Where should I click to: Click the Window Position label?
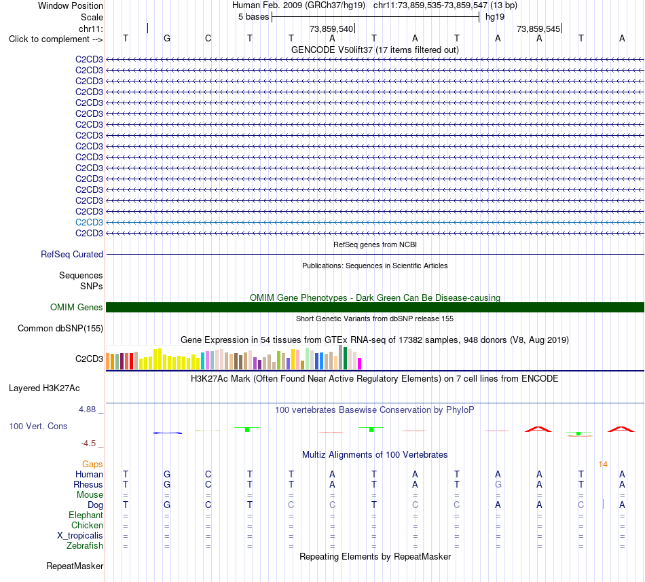[71, 5]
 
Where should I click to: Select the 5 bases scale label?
[253, 17]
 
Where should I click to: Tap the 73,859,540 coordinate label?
[331, 29]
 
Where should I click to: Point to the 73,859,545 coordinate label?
[538, 29]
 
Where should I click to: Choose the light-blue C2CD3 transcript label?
[89, 223]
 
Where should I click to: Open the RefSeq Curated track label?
[72, 254]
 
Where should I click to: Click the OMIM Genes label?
[77, 307]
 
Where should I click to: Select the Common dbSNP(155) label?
[60, 328]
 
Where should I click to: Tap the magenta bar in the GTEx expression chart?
[360, 363]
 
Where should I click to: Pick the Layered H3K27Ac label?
[44, 388]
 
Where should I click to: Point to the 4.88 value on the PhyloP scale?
[87, 410]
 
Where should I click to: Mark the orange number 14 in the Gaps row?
[603, 465]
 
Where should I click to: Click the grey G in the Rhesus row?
[498, 484]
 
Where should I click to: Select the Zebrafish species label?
[85, 546]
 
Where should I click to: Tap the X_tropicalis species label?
[80, 536]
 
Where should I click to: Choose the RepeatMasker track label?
[75, 566]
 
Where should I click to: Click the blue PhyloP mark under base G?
[168, 433]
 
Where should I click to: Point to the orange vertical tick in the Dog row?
[603, 504]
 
